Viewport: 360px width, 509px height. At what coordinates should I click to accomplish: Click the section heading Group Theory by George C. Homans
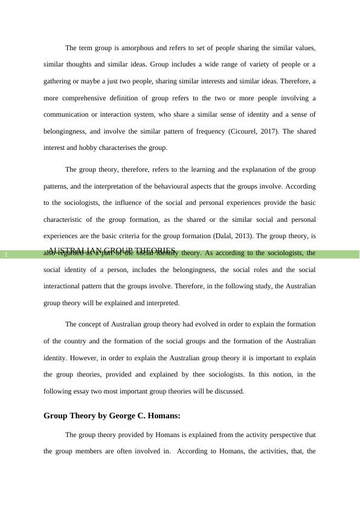(x=112, y=416)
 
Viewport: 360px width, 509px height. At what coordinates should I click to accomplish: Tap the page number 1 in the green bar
(x=6, y=255)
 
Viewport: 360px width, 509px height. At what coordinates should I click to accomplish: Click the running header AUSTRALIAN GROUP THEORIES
(x=112, y=250)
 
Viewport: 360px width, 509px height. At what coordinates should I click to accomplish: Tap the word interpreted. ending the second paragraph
(x=162, y=303)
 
